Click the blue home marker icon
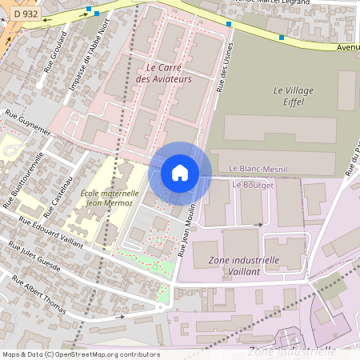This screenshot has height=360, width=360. pyautogui.click(x=180, y=172)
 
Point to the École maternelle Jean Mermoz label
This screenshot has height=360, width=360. pyautogui.click(x=110, y=198)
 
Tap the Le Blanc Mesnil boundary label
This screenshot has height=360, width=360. pyautogui.click(x=258, y=169)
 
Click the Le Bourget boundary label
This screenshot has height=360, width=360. pyautogui.click(x=252, y=185)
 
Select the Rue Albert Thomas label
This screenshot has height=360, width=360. pyautogui.click(x=39, y=293)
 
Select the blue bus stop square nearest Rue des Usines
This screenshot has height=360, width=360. pyautogui.click(x=229, y=24)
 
